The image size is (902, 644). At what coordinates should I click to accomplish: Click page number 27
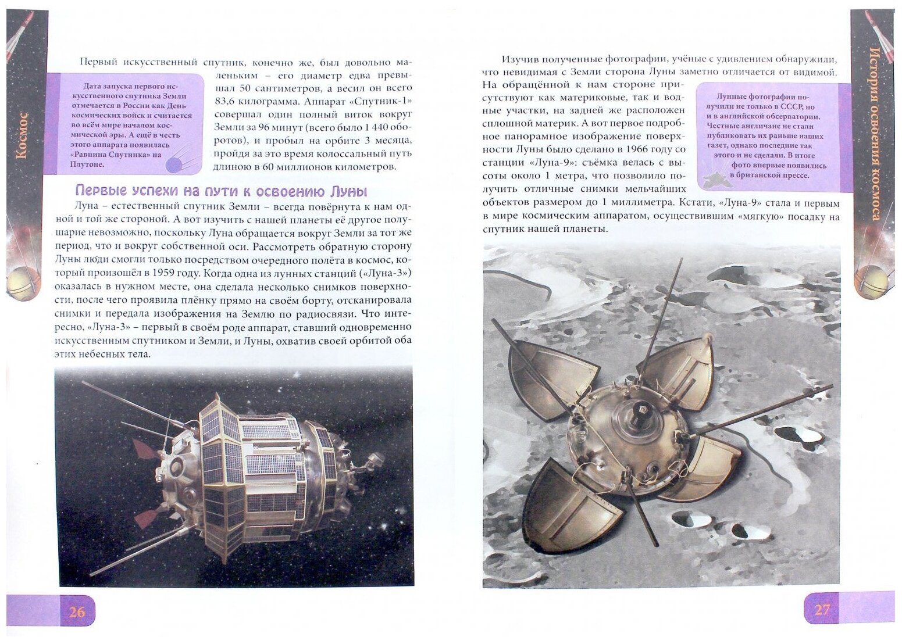pyautogui.click(x=822, y=610)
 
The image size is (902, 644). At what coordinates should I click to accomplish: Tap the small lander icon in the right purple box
pyautogui.click(x=715, y=180)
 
